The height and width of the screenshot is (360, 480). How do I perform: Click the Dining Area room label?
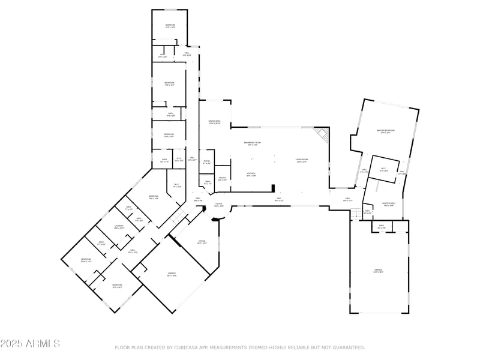coord(214,122)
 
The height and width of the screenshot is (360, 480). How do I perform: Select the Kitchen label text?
coord(251,175)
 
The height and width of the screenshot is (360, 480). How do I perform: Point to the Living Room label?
coord(301,160)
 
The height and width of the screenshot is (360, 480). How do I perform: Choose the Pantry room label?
coord(221,178)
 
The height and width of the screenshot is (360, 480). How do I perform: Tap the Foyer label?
coord(219,205)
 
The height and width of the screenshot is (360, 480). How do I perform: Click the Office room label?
coord(202,242)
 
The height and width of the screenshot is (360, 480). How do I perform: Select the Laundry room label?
coord(119,227)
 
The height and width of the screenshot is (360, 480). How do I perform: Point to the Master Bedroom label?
coord(385,131)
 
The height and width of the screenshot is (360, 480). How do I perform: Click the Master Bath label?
coord(388,204)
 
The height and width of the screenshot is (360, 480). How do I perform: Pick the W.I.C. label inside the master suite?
coord(385,170)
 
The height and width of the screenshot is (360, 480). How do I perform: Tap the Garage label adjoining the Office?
coord(172,274)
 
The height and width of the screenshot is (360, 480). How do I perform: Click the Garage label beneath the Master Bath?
coord(379,271)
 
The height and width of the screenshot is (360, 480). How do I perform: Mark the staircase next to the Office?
coord(178,215)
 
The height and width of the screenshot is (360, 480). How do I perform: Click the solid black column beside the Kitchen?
coord(273,187)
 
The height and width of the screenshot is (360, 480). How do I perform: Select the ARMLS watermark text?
coord(30,344)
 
